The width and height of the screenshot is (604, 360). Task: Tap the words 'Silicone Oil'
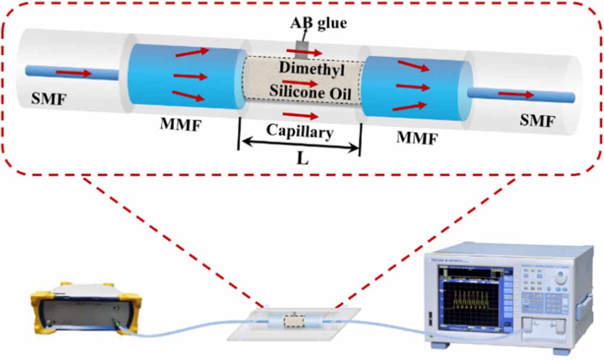point(302,90)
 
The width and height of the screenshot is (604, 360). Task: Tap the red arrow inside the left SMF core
point(74,74)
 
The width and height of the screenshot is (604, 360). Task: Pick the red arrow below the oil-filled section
point(301,114)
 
